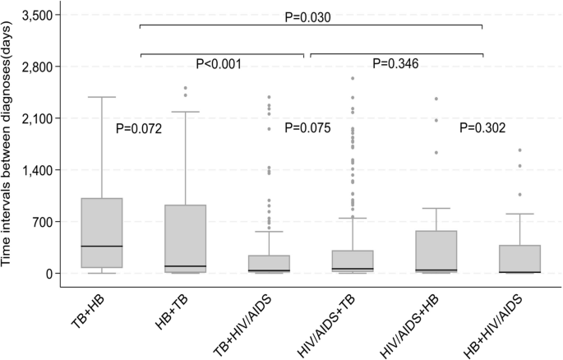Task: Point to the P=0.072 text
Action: [140, 128]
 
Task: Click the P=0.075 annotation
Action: [307, 128]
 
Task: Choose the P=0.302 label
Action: [482, 128]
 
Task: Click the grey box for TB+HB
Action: [102, 233]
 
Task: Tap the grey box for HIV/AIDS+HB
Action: [436, 251]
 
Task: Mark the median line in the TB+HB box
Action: [102, 246]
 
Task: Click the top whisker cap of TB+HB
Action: [102, 97]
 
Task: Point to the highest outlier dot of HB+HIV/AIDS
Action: [519, 150]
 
